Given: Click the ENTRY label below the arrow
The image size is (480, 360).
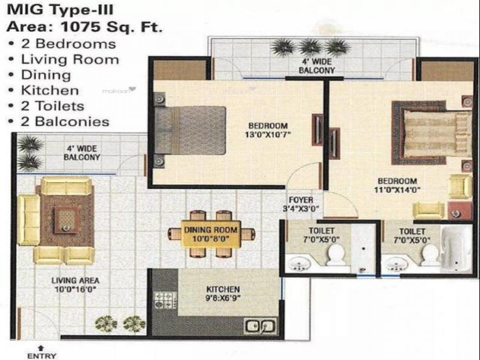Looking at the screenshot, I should tap(42, 355).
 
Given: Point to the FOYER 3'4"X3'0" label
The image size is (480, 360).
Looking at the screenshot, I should tap(301, 204).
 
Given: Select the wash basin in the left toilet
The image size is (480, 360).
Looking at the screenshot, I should tap(299, 264).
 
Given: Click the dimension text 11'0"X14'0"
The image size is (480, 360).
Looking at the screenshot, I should tap(398, 190).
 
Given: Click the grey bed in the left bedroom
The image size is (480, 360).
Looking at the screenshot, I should tap(190, 130).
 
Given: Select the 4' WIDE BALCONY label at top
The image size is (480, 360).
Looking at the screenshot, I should tap(316, 66).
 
